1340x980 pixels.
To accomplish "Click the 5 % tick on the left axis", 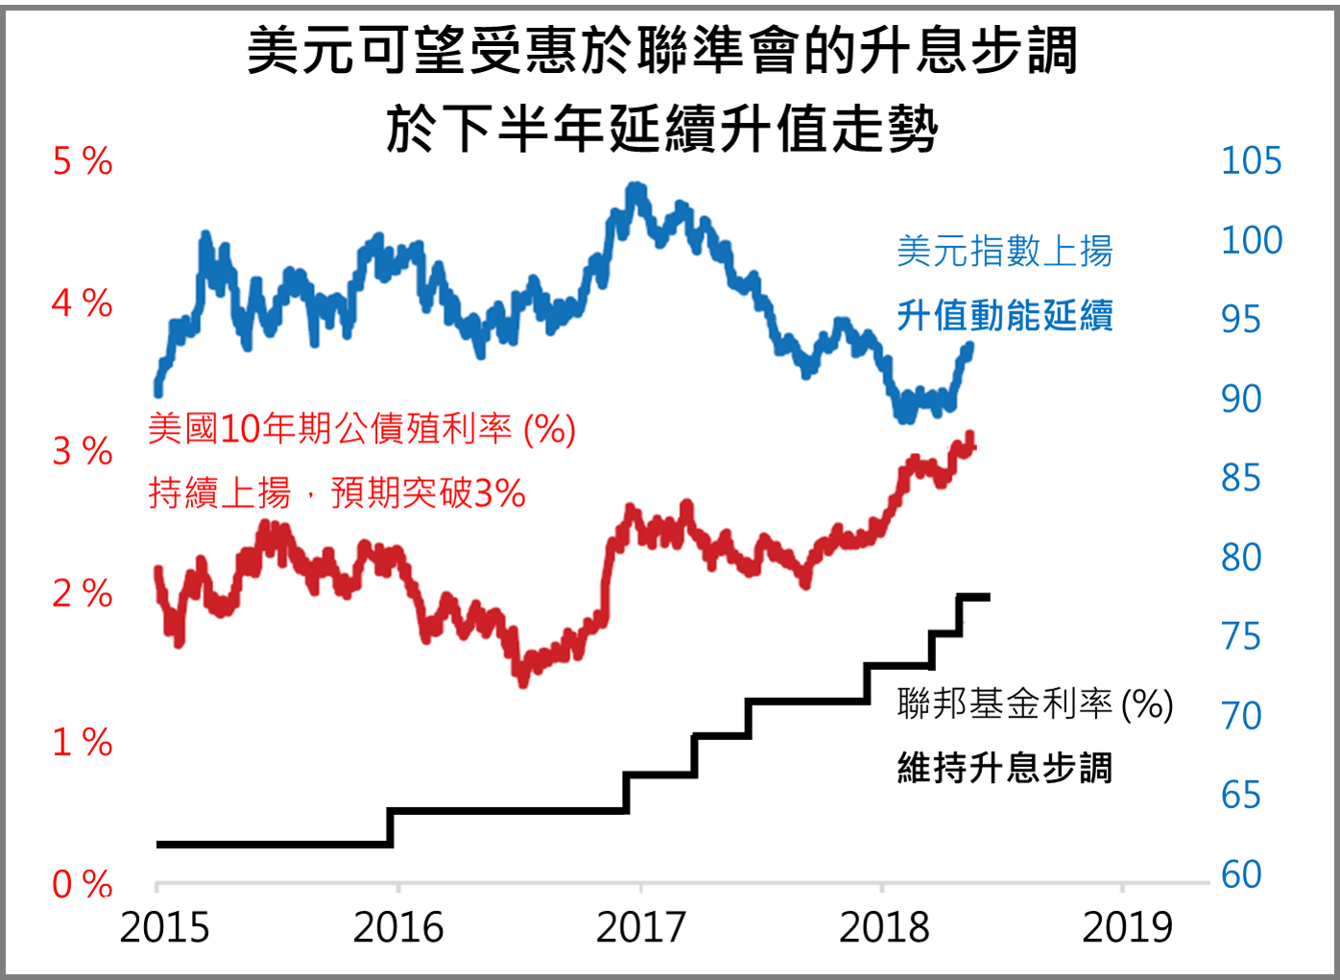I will click(83, 162).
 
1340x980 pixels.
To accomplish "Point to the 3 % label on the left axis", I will click(83, 451).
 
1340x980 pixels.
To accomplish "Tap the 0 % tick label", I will click(83, 884).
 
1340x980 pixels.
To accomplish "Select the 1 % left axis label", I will click(83, 742).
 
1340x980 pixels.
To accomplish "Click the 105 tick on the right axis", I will click(1251, 161).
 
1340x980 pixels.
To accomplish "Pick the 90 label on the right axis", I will click(1241, 398).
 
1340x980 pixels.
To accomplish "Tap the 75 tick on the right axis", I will click(1241, 636).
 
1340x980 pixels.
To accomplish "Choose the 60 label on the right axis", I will click(1241, 874).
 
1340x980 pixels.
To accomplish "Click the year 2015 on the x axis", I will click(164, 927).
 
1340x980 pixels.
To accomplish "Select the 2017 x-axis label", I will click(640, 927).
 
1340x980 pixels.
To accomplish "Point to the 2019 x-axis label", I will click(1127, 927).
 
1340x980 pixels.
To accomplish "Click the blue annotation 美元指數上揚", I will click(1004, 251).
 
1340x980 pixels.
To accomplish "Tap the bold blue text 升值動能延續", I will click(1004, 315).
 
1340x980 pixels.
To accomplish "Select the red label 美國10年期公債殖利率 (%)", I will click(362, 428).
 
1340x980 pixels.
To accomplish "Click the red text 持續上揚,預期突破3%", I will click(337, 493).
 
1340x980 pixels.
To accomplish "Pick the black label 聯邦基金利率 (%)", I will click(1035, 704).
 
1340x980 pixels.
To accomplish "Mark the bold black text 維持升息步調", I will click(1004, 768).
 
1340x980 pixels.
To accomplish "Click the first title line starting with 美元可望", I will click(662, 50).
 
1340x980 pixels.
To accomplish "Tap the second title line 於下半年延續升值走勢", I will click(662, 128).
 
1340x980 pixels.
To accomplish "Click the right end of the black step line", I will click(987, 597).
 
